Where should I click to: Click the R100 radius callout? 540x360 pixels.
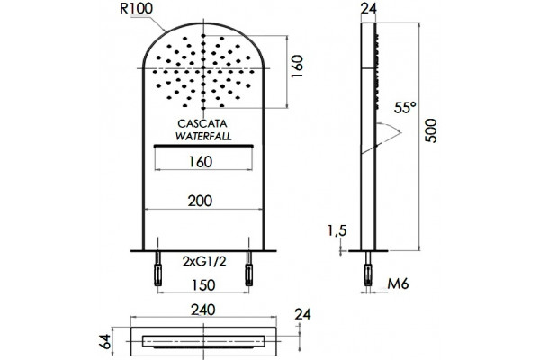(136, 9)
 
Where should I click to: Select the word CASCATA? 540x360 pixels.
(202, 123)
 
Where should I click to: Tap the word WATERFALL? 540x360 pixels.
(203, 136)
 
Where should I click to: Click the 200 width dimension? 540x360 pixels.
(200, 201)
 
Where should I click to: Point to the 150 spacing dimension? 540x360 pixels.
(203, 285)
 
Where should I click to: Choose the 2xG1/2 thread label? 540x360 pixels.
(204, 262)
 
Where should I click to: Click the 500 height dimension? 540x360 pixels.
(431, 130)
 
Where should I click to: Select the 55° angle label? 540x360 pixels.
(405, 108)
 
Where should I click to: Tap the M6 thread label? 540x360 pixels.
(398, 283)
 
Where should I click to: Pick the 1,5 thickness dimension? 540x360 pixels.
(337, 230)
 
